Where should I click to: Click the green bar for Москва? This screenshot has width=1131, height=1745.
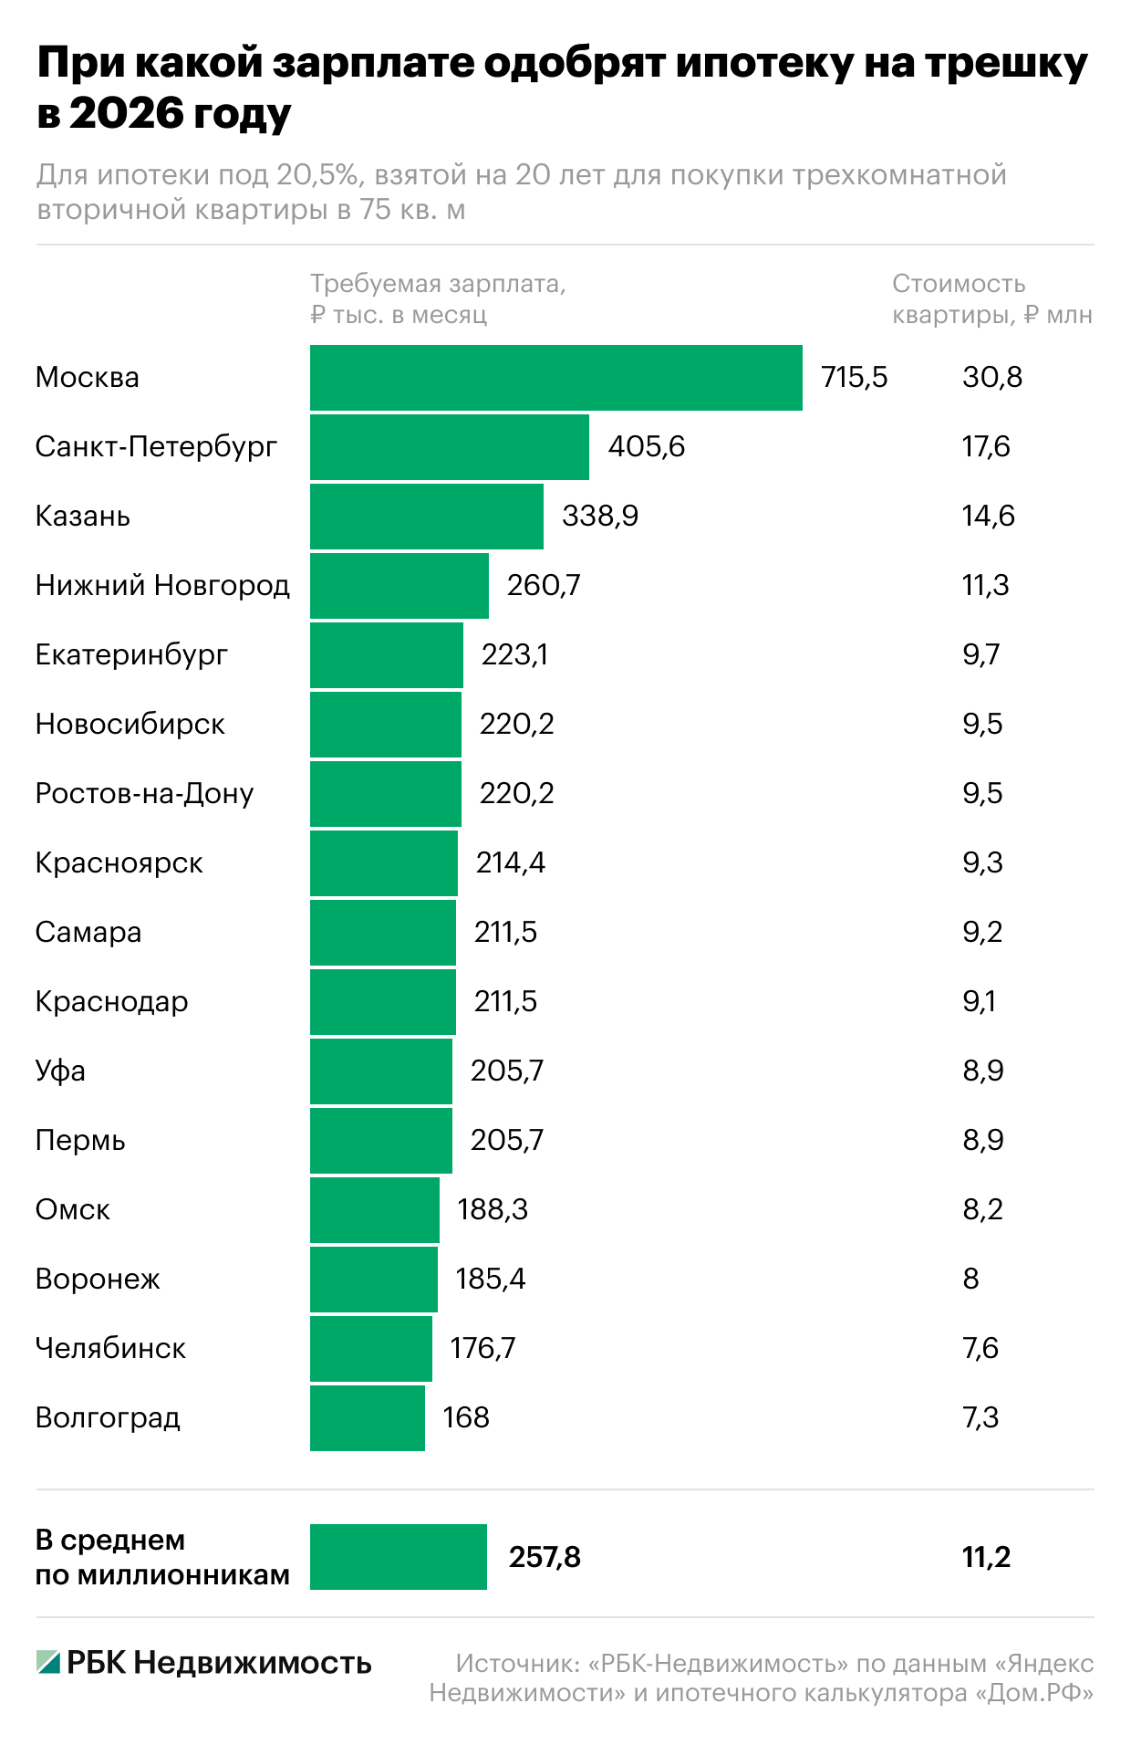(555, 378)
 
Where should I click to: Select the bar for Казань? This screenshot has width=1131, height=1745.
(426, 517)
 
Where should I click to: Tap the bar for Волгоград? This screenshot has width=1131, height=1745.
(367, 1418)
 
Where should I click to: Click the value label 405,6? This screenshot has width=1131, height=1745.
(646, 447)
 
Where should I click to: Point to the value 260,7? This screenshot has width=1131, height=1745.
(544, 586)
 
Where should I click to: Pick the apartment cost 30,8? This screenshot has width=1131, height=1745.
(992, 378)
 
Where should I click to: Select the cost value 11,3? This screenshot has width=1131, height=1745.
(985, 586)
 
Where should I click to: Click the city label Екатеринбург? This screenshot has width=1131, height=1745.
(131, 655)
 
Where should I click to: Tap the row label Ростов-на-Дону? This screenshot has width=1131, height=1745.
(144, 794)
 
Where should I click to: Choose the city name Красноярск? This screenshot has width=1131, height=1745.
(119, 863)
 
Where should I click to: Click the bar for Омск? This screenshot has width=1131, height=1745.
(374, 1210)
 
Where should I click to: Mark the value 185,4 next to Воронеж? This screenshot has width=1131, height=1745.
(491, 1280)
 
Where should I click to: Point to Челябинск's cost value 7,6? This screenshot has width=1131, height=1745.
(981, 1349)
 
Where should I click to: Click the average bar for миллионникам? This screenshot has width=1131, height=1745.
(398, 1557)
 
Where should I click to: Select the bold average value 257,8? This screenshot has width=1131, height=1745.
(545, 1557)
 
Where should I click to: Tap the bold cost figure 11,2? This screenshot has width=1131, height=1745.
(986, 1557)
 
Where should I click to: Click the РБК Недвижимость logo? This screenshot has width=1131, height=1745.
(203, 1663)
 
